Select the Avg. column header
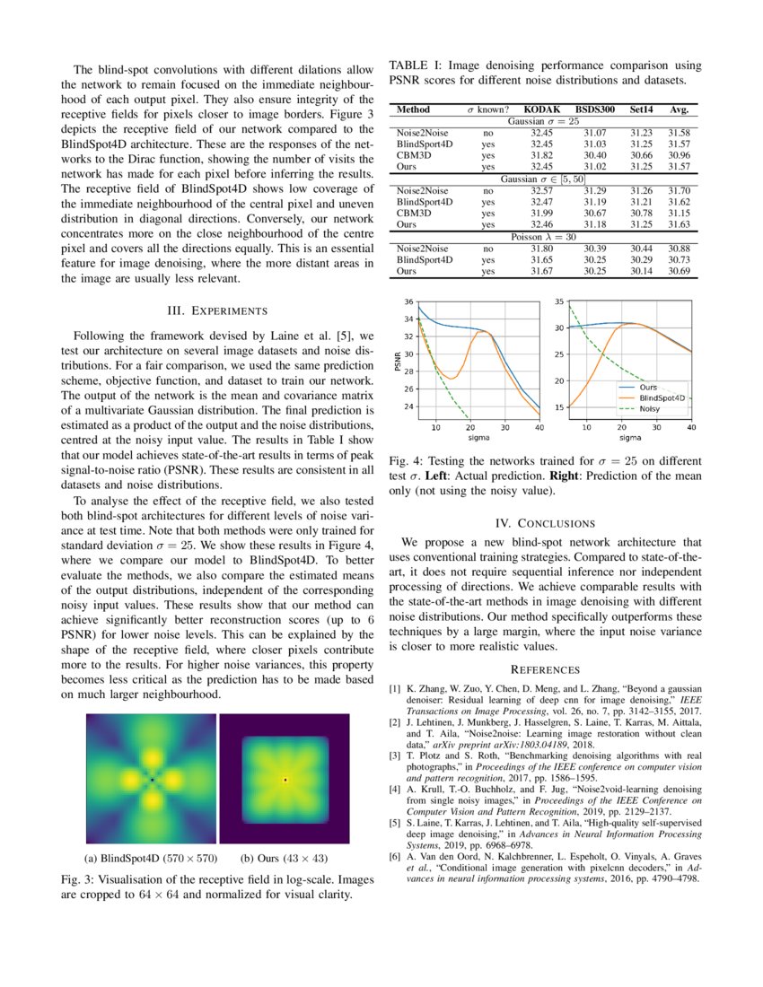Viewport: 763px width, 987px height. (x=679, y=109)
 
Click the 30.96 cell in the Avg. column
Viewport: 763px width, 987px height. (x=679, y=153)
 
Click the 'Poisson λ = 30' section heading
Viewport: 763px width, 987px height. (x=543, y=237)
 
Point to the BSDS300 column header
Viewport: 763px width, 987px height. (x=595, y=109)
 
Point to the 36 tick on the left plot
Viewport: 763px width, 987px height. (x=409, y=301)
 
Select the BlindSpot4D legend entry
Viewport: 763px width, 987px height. (x=662, y=396)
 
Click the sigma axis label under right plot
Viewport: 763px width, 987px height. (x=630, y=438)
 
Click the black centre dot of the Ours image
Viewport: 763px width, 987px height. (x=285, y=779)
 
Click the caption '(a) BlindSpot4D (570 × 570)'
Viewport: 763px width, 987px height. (x=151, y=857)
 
